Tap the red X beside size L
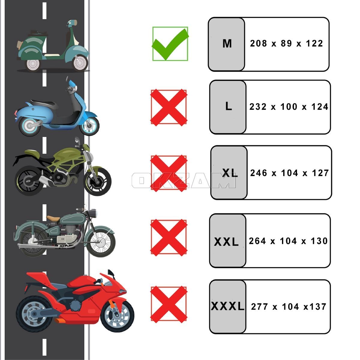[169, 107]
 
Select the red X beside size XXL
[169, 238]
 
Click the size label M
[227, 43]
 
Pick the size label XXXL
[227, 306]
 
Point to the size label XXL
[226, 242]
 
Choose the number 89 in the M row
[286, 43]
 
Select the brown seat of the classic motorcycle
[53, 218]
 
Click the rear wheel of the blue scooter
[29, 125]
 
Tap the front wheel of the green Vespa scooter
[80, 63]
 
